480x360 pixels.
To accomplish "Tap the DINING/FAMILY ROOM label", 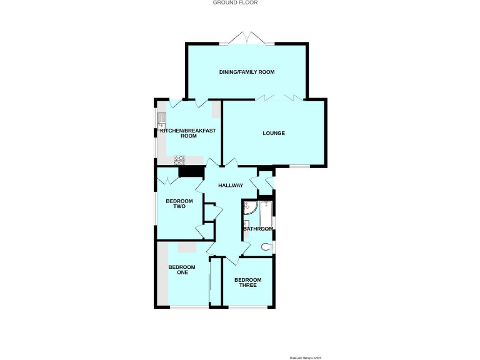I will (x=247, y=72).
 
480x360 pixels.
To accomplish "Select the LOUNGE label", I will (x=273, y=133).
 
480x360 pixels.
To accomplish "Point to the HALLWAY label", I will (x=230, y=186).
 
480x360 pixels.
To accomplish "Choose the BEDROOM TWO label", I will (x=176, y=204).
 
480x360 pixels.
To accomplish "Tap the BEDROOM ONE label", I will (x=182, y=270).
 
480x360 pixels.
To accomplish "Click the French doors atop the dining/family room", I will (x=246, y=38).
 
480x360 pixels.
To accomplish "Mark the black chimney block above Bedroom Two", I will (x=191, y=172).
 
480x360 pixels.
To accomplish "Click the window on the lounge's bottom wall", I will (x=299, y=166).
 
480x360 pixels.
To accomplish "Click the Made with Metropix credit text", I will (x=305, y=357).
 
